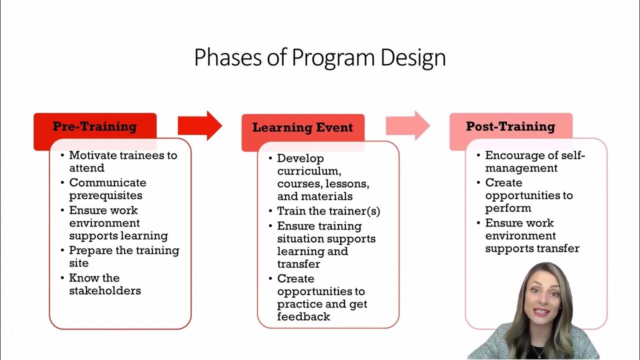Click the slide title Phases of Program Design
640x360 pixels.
(319, 58)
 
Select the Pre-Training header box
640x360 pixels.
(95, 126)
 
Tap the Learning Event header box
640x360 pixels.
(302, 127)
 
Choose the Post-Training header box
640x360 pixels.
(510, 126)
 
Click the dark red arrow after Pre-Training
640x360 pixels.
(200, 125)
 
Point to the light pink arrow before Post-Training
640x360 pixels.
(407, 125)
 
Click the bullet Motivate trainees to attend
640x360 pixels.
(122, 161)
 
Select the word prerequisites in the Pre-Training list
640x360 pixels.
(105, 195)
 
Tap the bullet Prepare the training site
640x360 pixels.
(123, 256)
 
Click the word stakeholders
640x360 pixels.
(105, 290)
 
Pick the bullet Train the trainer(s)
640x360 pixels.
(328, 211)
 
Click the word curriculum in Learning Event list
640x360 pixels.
(309, 171)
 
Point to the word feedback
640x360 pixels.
(303, 316)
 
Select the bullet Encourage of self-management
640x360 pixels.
(534, 161)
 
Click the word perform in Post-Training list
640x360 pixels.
(508, 208)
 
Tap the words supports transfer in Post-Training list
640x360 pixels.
(532, 248)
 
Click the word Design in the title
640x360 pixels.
(412, 58)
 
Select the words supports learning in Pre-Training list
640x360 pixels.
(118, 235)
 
